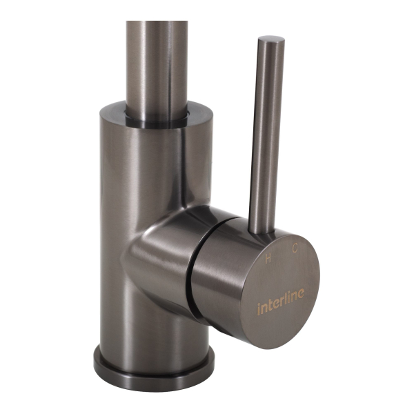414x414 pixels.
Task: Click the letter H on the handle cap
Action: [268, 259]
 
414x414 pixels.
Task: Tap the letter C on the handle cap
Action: [295, 248]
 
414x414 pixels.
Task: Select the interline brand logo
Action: [280, 301]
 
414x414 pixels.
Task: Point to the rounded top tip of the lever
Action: [272, 39]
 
